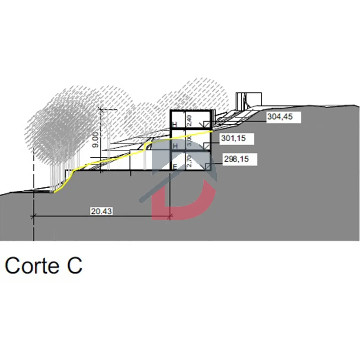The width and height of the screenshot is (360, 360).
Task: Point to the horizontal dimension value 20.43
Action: (x=101, y=211)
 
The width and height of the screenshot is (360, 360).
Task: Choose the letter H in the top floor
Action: (x=174, y=125)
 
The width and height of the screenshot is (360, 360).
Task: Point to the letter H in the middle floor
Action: (x=174, y=146)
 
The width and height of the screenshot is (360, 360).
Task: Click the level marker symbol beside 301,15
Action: (x=207, y=146)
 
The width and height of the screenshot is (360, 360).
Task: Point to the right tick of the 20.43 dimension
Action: (x=170, y=217)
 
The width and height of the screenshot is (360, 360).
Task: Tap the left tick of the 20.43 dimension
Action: (x=34, y=217)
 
